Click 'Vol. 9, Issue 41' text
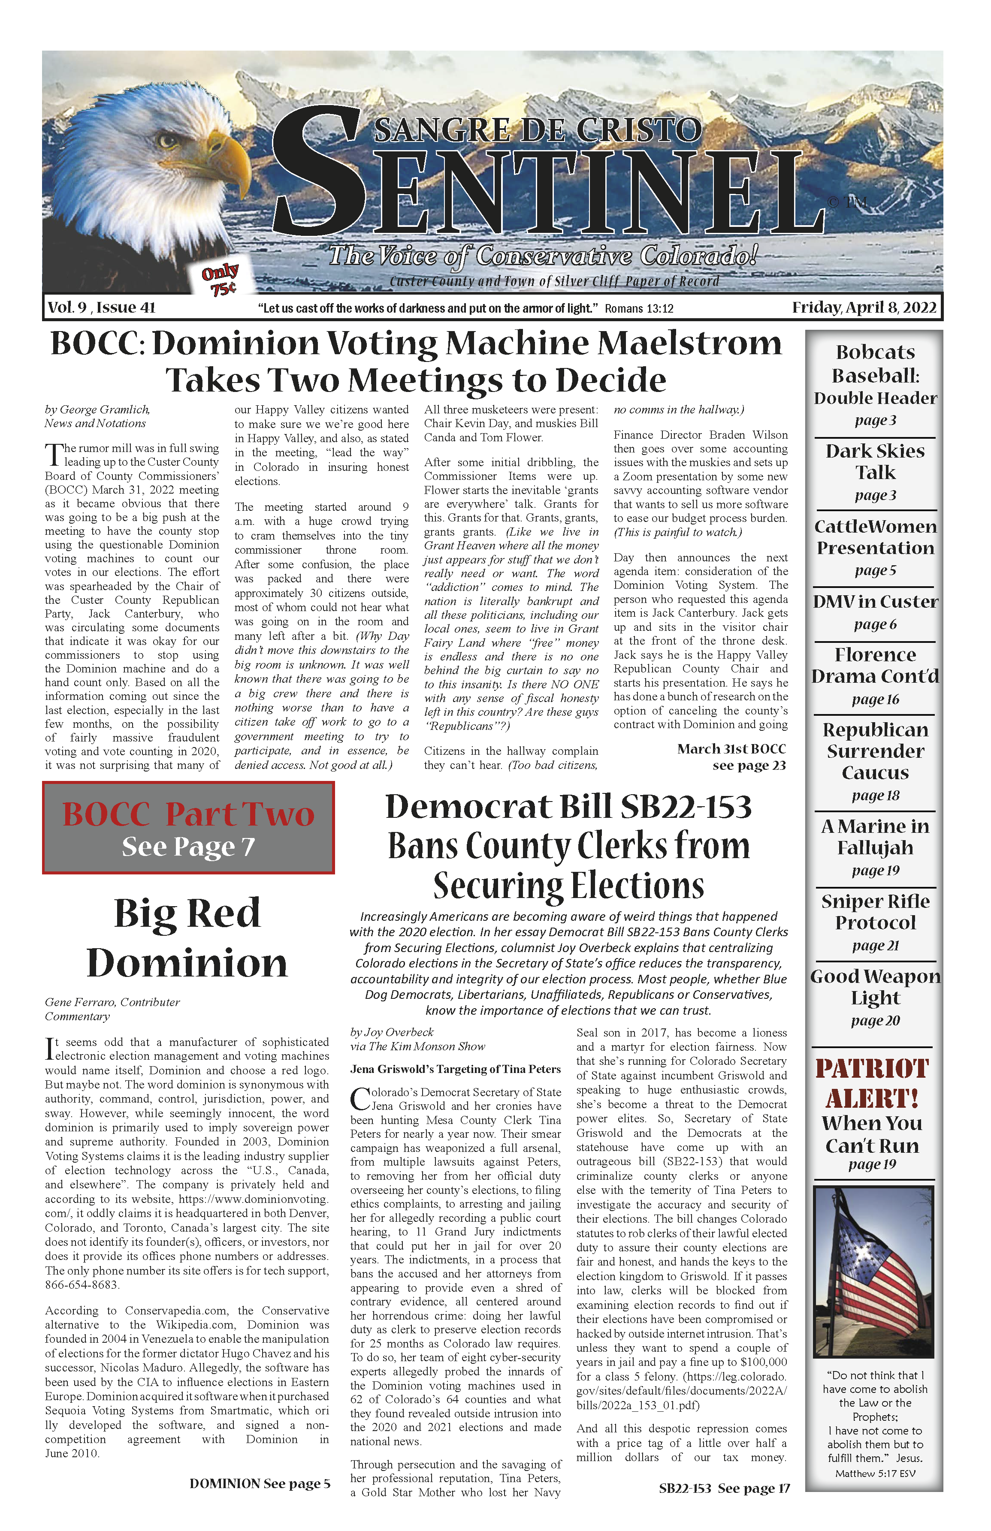pos(101,307)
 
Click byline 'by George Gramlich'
pos(97,410)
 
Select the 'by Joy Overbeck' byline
pos(392,1033)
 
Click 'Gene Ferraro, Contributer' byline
pos(112,1002)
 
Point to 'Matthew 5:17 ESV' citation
pos(875,1474)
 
